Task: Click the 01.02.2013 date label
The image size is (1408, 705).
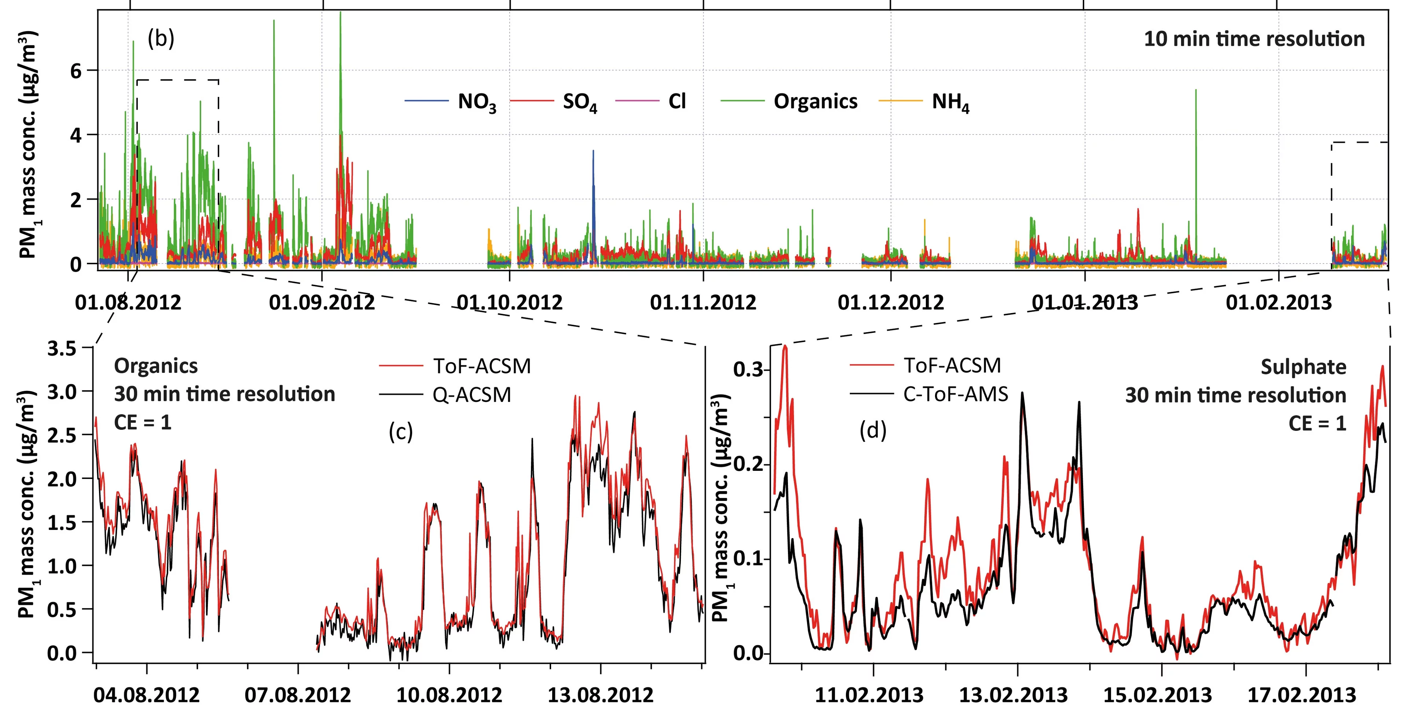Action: click(x=1279, y=302)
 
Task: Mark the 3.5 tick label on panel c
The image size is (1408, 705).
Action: click(x=61, y=348)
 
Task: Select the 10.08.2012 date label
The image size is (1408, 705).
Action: click(x=449, y=695)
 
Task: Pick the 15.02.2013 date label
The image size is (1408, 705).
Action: click(x=1157, y=695)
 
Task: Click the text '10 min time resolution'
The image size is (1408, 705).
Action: click(x=1254, y=39)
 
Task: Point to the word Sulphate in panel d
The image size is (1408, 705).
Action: click(x=1303, y=367)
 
